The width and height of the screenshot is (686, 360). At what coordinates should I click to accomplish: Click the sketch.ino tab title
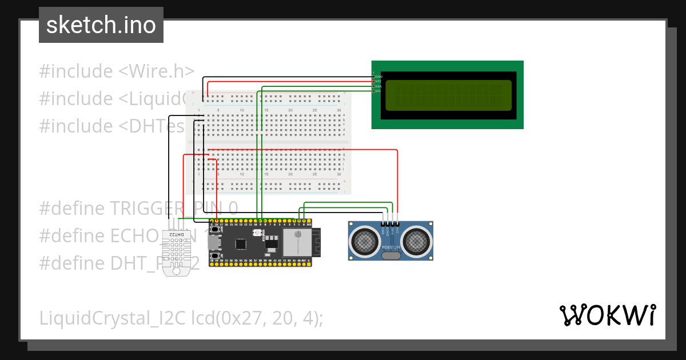tap(101, 25)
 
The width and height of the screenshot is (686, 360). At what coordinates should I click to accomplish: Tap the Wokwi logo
tap(607, 315)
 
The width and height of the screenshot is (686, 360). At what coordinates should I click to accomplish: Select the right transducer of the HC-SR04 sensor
tap(416, 242)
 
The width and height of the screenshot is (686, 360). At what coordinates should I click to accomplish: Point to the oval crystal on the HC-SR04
tap(390, 256)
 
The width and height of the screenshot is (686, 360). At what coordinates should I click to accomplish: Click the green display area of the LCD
tap(448, 95)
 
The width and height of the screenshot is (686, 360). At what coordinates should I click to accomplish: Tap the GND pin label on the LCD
tap(378, 77)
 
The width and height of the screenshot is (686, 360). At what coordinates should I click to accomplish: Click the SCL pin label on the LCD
tap(378, 91)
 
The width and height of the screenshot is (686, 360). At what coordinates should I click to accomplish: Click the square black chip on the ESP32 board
tap(241, 244)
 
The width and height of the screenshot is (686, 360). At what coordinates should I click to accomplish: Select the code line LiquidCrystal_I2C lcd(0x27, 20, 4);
tap(181, 318)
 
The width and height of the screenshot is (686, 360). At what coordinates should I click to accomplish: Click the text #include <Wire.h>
tap(117, 71)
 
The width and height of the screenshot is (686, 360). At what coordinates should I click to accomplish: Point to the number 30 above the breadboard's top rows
tap(339, 110)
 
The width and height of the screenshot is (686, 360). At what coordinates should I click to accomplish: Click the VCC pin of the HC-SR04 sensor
tap(397, 224)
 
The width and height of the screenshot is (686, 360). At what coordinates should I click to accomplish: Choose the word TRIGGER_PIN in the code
tap(166, 207)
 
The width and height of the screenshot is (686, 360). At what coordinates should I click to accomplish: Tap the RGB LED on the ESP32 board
tap(255, 233)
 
